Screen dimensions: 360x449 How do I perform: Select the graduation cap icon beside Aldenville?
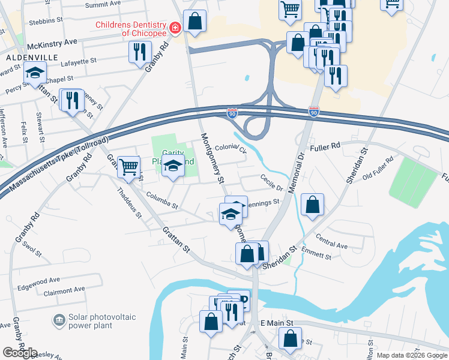pos(35,73)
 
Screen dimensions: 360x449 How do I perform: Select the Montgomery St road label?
pos(211,158)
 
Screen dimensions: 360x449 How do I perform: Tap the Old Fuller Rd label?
pos(378,169)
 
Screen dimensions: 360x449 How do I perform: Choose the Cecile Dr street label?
pos(271,182)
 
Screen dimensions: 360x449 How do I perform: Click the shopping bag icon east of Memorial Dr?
pos(313,205)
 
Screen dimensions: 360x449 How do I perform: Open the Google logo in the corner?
pos(20,352)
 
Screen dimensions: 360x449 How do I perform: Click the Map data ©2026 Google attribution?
pos(411,355)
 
